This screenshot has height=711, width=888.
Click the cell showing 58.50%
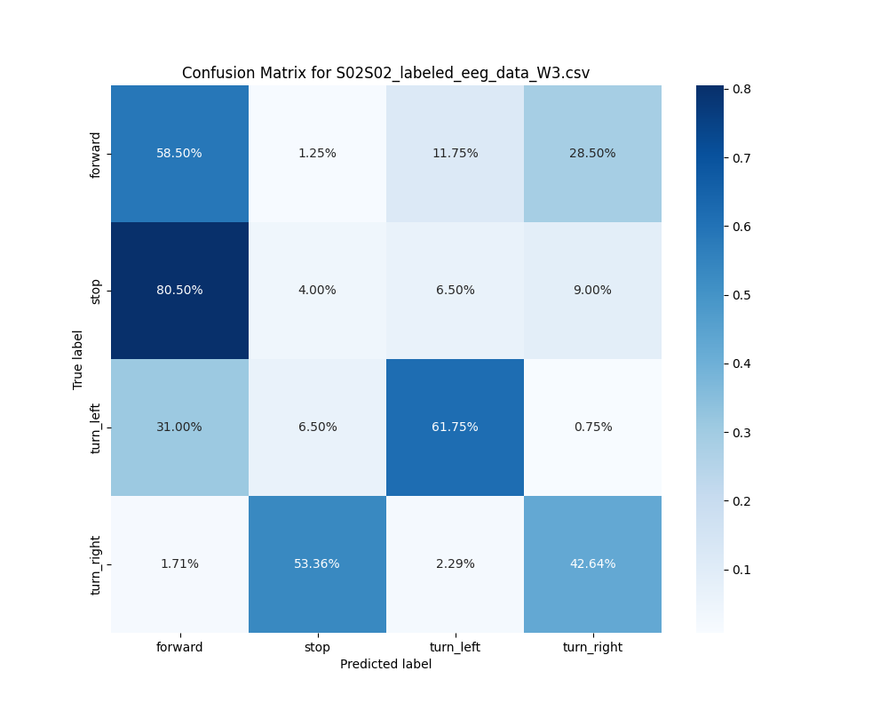pyautogui.click(x=179, y=153)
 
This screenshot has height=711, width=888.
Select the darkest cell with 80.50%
pyautogui.click(x=179, y=290)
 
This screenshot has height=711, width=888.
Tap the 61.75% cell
pyautogui.click(x=455, y=427)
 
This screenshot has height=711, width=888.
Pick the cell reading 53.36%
pyautogui.click(x=317, y=563)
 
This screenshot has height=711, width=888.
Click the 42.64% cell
pyautogui.click(x=592, y=563)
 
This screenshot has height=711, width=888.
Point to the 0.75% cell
pyautogui.click(x=592, y=427)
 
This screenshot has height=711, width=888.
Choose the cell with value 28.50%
pyautogui.click(x=592, y=153)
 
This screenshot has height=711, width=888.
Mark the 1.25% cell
pyautogui.click(x=317, y=153)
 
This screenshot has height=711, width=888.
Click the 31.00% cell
pyautogui.click(x=179, y=427)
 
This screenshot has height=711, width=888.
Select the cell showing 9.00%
pyautogui.click(x=592, y=290)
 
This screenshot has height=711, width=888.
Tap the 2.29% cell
pyautogui.click(x=455, y=563)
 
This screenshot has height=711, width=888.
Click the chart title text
pyautogui.click(x=385, y=73)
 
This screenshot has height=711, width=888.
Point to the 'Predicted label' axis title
pyautogui.click(x=385, y=664)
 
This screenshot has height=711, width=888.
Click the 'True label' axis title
pyautogui.click(x=78, y=359)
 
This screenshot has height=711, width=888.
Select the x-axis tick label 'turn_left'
pyautogui.click(x=455, y=647)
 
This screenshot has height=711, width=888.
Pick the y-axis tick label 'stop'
pyautogui.click(x=96, y=291)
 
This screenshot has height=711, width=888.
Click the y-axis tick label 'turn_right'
pyautogui.click(x=96, y=564)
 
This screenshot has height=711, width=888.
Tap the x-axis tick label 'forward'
pyautogui.click(x=179, y=647)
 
